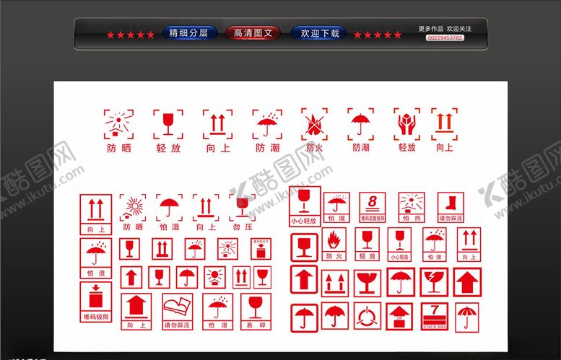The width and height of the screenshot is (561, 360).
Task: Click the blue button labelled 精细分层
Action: coord(188,33)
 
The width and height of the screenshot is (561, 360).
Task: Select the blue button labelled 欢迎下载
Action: coord(318,33)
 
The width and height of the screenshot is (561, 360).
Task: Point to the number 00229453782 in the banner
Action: coord(445,38)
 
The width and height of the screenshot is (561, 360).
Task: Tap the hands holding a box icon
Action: coord(407,124)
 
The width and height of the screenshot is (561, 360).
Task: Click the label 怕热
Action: coord(412,218)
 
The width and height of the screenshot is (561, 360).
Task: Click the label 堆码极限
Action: coord(95,316)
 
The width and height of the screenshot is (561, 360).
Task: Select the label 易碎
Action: coord(255,325)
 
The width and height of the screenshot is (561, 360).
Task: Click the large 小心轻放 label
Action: coord(303,220)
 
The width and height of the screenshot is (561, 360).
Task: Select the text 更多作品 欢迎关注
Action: coord(445,28)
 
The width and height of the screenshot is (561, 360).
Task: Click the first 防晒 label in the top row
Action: coord(119,148)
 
